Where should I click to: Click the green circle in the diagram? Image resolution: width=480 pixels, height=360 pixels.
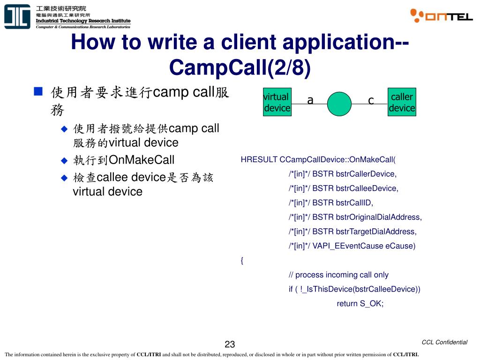tap(339, 104)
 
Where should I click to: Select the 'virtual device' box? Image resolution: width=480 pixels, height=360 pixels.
tap(277, 103)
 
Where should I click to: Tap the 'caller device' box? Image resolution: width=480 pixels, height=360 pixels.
tap(402, 103)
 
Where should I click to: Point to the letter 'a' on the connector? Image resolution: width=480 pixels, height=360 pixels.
tap(310, 100)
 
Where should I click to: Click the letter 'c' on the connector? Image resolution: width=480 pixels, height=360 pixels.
tap(371, 100)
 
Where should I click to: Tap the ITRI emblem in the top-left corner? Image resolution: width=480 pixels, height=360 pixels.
tap(17, 17)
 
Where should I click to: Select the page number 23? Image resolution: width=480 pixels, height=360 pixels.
tap(230, 345)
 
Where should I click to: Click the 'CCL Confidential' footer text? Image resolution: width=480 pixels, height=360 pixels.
tap(444, 342)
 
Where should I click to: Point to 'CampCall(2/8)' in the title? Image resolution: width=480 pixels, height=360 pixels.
tap(240, 67)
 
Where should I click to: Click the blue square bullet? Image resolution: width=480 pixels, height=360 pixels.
tap(39, 91)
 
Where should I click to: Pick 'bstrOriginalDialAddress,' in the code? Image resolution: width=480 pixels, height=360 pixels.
tap(379, 217)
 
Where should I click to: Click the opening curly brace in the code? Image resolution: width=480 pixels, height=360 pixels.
tap(242, 261)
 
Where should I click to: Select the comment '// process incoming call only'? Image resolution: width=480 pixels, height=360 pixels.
tap(338, 275)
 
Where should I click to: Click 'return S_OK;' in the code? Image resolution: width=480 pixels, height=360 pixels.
tap(360, 303)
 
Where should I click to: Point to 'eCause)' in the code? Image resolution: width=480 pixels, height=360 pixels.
tap(400, 246)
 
